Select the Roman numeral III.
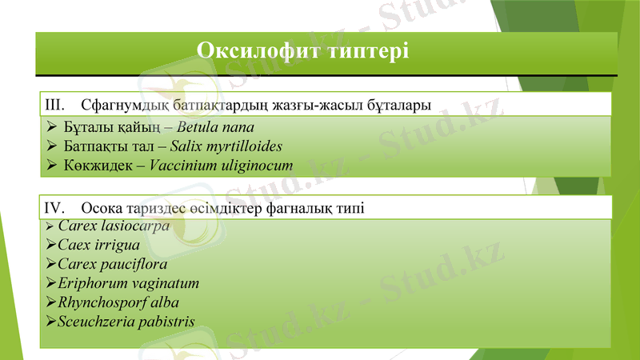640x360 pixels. (54, 105)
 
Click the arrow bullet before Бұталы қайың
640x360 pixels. (50, 127)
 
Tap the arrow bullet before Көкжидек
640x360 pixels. (50, 166)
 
